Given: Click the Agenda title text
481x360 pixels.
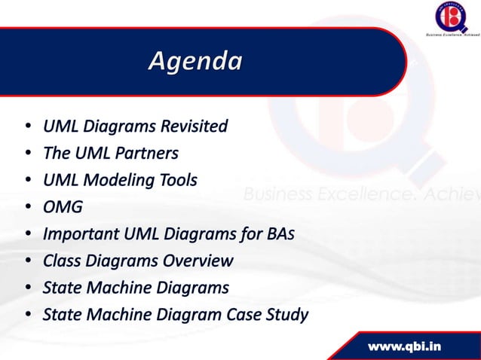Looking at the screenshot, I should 195,61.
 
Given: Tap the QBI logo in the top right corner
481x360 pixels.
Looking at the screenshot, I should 451,17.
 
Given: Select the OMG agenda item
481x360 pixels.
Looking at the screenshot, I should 63,207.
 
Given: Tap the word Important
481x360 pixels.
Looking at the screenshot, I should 78,234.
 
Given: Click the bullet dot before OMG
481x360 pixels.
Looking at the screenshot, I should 27,208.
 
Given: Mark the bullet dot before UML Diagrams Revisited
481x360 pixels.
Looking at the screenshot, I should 27,126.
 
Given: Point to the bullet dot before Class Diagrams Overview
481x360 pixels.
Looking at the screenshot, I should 27,262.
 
